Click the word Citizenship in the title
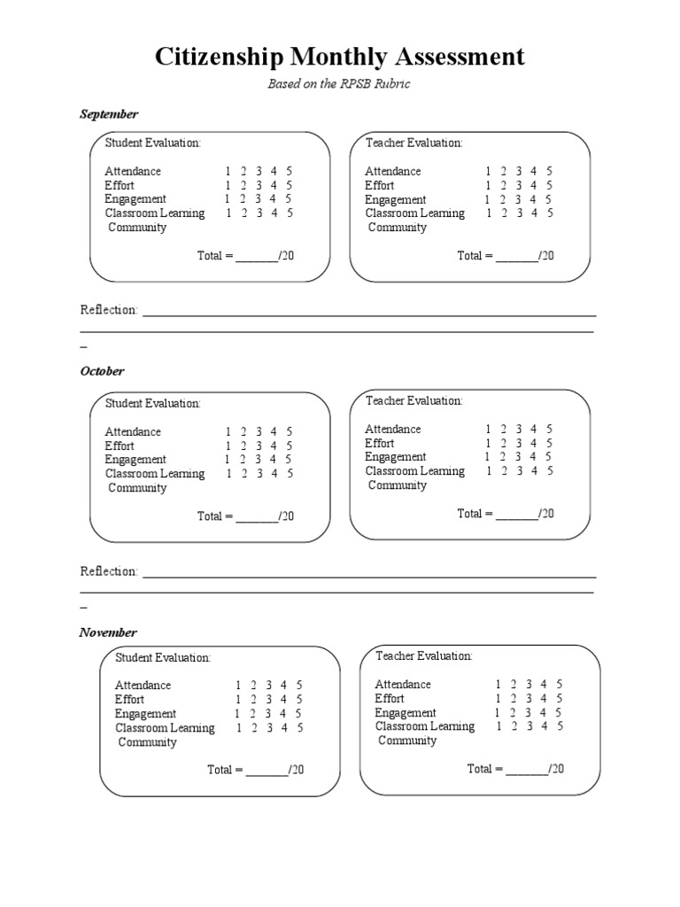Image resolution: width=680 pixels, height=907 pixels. pyautogui.click(x=219, y=58)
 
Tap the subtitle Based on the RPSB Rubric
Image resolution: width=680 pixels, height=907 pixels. pyautogui.click(x=339, y=84)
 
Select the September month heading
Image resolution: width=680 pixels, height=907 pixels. pyautogui.click(x=109, y=114)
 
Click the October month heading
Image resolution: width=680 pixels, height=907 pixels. pyautogui.click(x=103, y=371)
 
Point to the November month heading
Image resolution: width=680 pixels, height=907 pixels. pyautogui.click(x=108, y=632)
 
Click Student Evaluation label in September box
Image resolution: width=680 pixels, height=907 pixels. pyautogui.click(x=153, y=143)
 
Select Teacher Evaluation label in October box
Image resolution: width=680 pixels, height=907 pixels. pyautogui.click(x=413, y=400)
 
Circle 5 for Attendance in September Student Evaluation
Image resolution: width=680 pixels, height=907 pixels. pyautogui.click(x=290, y=171)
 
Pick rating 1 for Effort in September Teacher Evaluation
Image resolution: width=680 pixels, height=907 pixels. pyautogui.click(x=488, y=185)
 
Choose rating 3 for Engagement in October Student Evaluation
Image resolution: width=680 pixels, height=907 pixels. pyautogui.click(x=258, y=460)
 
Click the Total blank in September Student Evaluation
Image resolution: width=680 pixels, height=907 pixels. pyautogui.click(x=257, y=256)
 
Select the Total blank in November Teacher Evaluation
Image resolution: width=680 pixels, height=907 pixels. pyautogui.click(x=527, y=769)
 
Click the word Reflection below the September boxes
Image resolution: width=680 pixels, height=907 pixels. pyautogui.click(x=109, y=310)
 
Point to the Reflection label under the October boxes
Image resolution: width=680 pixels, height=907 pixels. pyautogui.click(x=109, y=571)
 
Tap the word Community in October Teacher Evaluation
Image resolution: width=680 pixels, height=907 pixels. pyautogui.click(x=398, y=485)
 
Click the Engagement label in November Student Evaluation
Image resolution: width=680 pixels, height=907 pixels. pyautogui.click(x=145, y=714)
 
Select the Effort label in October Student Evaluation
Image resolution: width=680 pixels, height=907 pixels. pyautogui.click(x=120, y=446)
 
